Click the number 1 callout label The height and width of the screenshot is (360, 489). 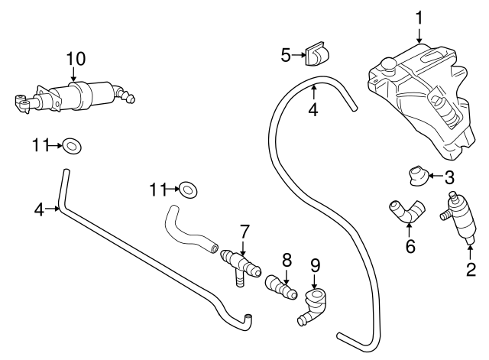tap(419, 16)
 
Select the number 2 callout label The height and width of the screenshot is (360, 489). tap(471, 268)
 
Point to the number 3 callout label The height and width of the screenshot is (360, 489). tap(449, 177)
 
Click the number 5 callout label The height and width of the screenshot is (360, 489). tap(286, 55)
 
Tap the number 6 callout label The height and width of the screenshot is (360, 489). tap(410, 247)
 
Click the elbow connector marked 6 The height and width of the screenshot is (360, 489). tap(405, 210)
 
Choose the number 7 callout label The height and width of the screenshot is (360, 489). tap(244, 229)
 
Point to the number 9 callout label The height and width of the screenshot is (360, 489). tap(315, 266)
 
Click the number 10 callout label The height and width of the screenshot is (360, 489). tap(75, 57)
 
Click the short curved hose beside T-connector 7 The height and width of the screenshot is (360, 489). tap(187, 231)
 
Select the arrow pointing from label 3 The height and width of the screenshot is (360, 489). tap(434, 177)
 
